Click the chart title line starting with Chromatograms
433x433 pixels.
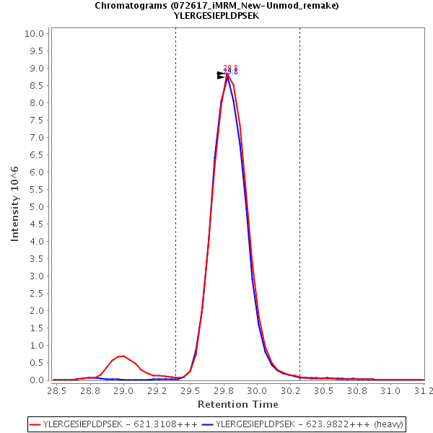pos(216,5)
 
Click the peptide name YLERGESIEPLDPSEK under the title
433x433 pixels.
pos(216,15)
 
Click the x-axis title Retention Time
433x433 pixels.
pos(237,404)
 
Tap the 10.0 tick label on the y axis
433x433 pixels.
pos(36,33)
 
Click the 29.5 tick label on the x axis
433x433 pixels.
pos(190,390)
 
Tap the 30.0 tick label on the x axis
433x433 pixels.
pos(257,390)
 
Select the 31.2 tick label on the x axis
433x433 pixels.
pos(424,390)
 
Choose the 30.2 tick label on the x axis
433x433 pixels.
pos(290,390)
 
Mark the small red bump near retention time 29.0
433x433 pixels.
pos(123,357)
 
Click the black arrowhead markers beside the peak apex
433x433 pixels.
pos(222,75)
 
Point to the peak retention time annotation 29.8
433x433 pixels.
pos(230,70)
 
